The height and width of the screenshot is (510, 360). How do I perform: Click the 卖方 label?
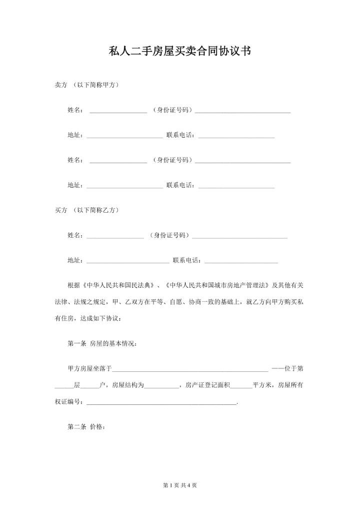(60, 85)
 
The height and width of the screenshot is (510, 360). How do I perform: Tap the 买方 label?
(60, 210)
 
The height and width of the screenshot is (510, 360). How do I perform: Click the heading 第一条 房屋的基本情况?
(100, 344)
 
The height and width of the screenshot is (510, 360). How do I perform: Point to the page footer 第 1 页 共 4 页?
(180, 485)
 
